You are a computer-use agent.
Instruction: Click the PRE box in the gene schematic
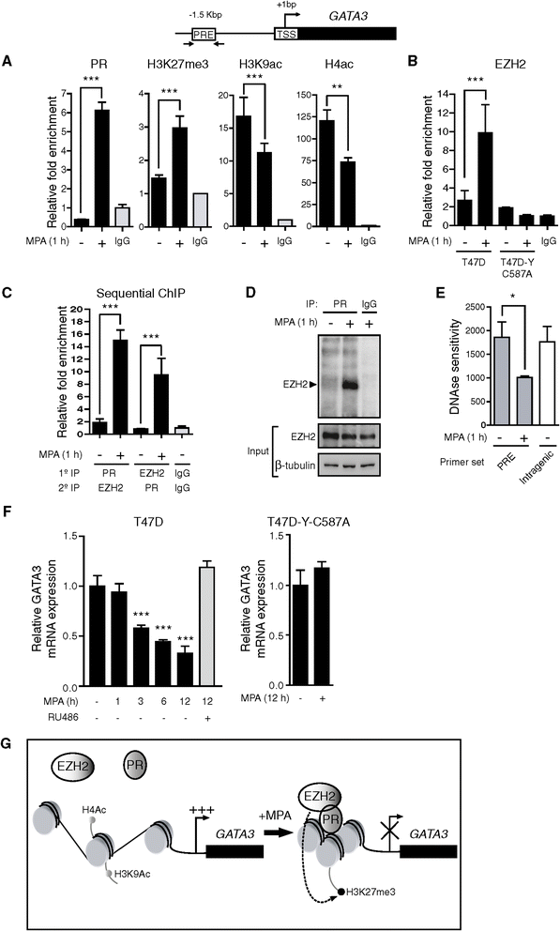pyautogui.click(x=204, y=34)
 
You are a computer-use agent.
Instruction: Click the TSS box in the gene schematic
pyautogui.click(x=285, y=34)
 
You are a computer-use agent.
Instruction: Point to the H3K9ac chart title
pyautogui.click(x=256, y=64)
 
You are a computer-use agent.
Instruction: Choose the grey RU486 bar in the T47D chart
pyautogui.click(x=207, y=627)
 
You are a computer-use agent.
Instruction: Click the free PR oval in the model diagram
pyautogui.click(x=135, y=764)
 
